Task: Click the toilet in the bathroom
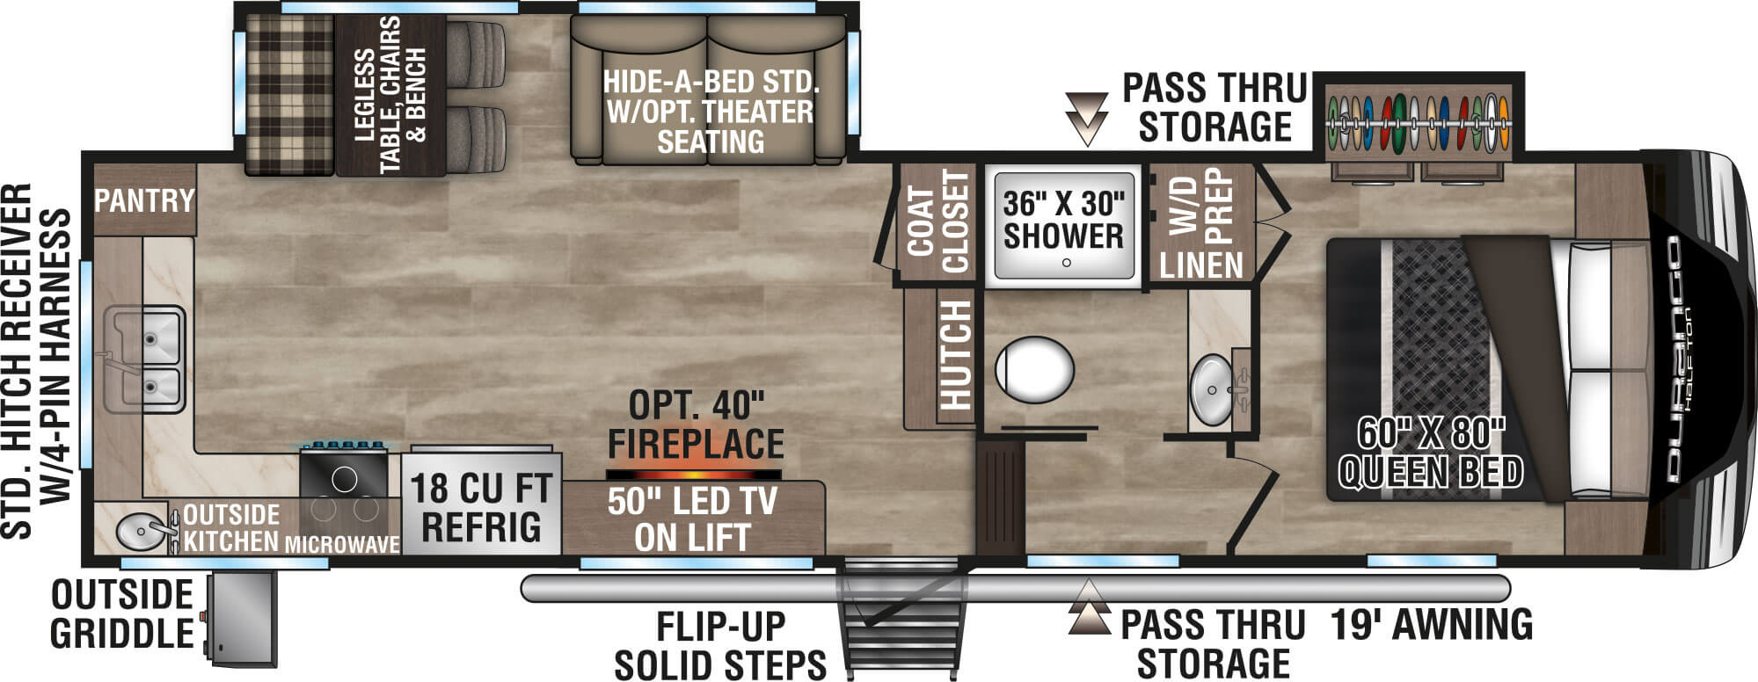pos(1035,369)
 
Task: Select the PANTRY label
pos(144,200)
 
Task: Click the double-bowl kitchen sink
pos(145,359)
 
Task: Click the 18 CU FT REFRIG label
pos(481,508)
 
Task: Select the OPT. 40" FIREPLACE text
pos(696,425)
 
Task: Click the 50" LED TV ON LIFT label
pos(692,519)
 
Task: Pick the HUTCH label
pos(955,355)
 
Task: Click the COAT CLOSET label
pos(937,222)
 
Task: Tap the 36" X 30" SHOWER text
pos(1063,220)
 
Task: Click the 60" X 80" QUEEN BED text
pos(1430,453)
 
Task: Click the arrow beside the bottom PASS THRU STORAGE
pos(1089,607)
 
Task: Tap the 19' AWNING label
pos(1431,625)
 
